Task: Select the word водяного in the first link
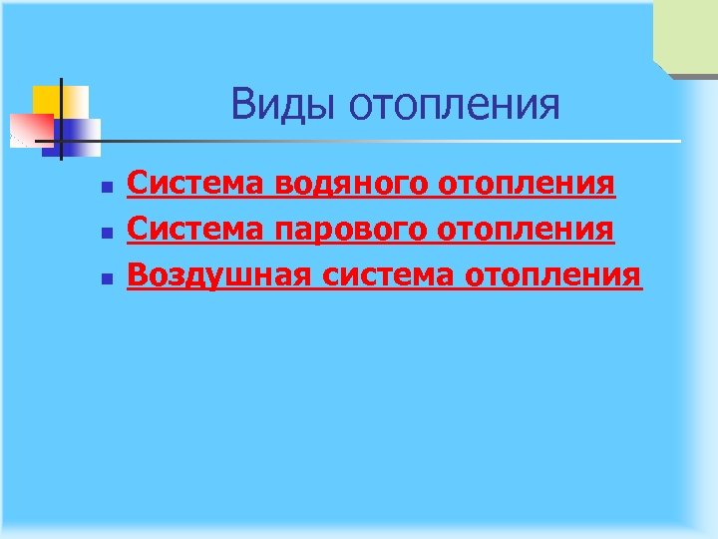[345, 185]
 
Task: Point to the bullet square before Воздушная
[106, 277]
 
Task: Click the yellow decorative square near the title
[48, 99]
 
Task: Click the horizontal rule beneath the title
[399, 141]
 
